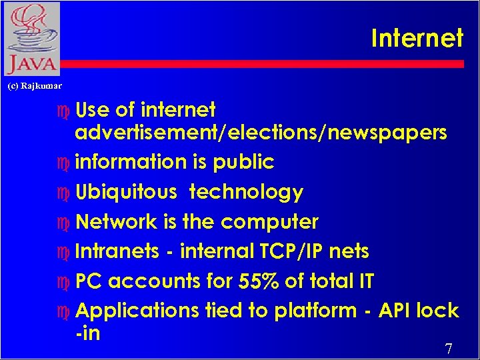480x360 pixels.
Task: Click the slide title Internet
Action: [417, 38]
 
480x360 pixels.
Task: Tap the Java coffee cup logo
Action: [31, 39]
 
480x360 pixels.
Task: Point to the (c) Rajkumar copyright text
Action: [35, 86]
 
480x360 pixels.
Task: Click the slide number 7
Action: [449, 349]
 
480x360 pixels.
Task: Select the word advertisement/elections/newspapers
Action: [261, 133]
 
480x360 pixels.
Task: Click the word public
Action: [247, 162]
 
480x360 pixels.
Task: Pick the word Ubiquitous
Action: [126, 193]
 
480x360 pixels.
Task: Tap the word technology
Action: [246, 193]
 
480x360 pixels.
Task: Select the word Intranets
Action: [117, 251]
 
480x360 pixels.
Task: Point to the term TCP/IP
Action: [305, 251]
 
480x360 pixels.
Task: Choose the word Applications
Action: [137, 311]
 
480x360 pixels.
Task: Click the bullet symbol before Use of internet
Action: [64, 110]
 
